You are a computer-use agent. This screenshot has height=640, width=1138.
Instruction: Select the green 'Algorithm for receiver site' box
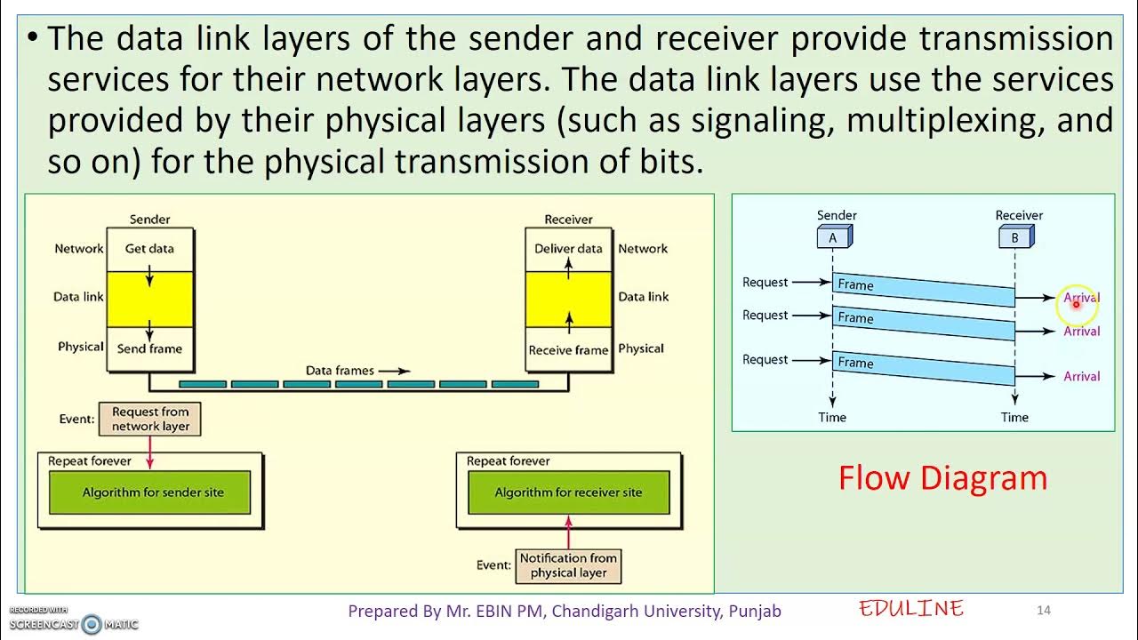tap(568, 492)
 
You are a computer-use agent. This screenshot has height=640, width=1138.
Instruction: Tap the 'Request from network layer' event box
tap(150, 419)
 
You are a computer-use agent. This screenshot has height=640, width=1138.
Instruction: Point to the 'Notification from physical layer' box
tap(568, 565)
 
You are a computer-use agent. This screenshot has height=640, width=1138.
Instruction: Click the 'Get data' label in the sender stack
tap(149, 249)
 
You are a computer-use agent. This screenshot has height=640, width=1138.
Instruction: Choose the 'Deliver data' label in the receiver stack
tap(568, 249)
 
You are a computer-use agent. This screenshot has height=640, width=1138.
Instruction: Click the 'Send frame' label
tap(149, 349)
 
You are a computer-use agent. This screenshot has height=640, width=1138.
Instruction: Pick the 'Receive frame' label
tap(568, 350)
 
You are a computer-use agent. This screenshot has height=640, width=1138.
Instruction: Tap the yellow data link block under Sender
tap(149, 299)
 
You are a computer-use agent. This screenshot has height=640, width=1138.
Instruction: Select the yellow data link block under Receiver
tap(568, 299)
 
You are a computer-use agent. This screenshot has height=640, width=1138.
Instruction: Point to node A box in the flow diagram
tap(833, 237)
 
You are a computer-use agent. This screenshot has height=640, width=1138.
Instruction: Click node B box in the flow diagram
tap(1014, 237)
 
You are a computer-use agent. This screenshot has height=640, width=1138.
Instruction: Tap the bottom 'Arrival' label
tap(1081, 377)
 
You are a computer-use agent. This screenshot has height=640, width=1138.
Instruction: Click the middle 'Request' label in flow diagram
tap(765, 316)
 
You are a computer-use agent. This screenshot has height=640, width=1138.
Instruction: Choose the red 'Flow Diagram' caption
tap(942, 478)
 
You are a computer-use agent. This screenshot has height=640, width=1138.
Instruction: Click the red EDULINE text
tap(911, 609)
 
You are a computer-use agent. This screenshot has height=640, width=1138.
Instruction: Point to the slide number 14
tap(1044, 610)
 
